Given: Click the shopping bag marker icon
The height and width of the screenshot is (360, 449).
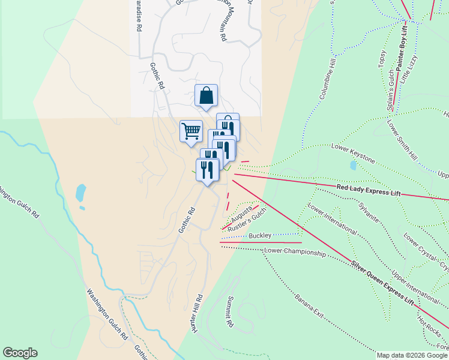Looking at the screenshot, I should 206,95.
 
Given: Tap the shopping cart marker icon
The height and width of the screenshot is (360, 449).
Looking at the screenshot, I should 191,131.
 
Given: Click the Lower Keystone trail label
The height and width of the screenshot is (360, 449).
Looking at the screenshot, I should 353,154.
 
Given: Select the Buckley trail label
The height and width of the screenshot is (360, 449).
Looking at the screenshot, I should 260,235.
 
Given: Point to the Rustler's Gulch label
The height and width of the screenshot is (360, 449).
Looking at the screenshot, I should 247,221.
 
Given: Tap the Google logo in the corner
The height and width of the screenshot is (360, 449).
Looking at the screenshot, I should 20,353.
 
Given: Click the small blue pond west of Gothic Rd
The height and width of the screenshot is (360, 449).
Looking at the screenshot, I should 80,193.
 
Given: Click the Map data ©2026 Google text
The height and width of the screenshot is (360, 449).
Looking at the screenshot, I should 412,355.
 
